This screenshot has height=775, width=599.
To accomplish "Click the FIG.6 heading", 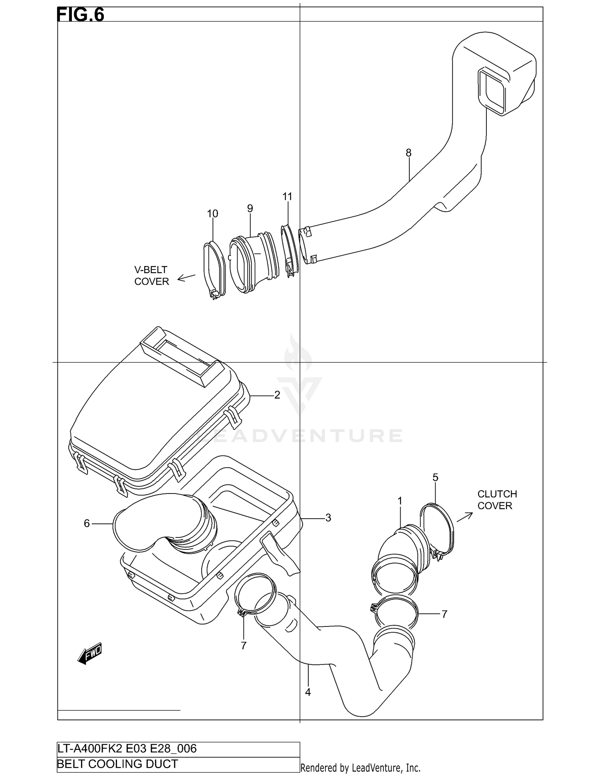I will (x=81, y=14).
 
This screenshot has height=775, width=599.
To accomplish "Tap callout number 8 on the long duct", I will (x=408, y=153).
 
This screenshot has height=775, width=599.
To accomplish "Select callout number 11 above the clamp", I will (x=287, y=196).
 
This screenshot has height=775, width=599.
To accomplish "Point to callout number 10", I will (x=212, y=214).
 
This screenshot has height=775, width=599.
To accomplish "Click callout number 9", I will (x=250, y=208).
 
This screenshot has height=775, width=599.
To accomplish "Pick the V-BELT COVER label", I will (x=151, y=276).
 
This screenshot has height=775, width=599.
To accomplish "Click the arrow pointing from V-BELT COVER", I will (x=186, y=277).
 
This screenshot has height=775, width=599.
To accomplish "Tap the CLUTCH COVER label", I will (x=497, y=499).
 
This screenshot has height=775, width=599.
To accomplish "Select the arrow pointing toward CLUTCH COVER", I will (x=464, y=517).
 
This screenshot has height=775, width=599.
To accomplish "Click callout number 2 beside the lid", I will (x=277, y=395).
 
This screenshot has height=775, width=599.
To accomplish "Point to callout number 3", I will (x=328, y=518).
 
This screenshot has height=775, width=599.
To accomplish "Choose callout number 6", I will (x=87, y=523).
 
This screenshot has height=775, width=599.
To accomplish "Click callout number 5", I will (x=435, y=477).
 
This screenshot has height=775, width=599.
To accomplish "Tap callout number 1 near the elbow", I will (x=400, y=501).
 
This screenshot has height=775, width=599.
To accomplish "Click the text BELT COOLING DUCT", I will (x=118, y=764).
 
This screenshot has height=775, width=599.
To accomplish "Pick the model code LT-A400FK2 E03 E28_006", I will (x=127, y=748).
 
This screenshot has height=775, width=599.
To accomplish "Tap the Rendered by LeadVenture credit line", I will (x=360, y=767).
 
